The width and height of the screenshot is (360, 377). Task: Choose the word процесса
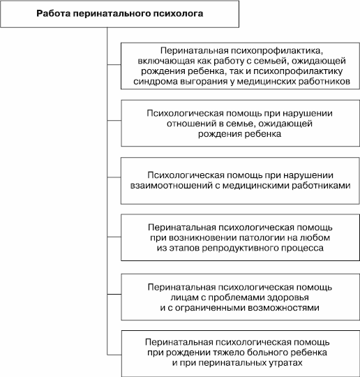[x=305, y=248]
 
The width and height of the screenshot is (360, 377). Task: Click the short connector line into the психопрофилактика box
[x=114, y=64]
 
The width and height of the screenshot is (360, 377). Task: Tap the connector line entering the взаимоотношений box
[x=114, y=177]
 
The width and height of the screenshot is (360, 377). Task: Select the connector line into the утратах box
[x=114, y=355]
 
